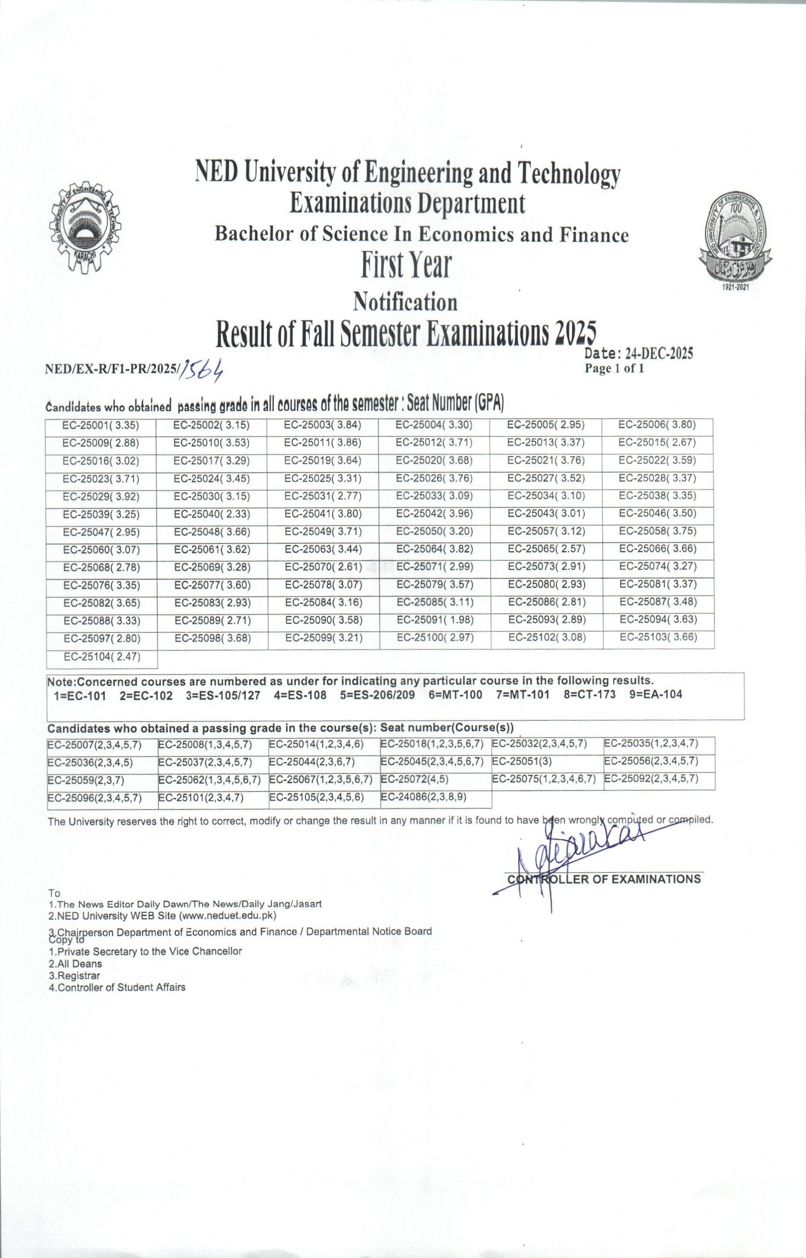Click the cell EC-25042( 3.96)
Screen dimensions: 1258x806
coord(434,514)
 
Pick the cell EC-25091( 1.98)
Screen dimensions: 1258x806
coord(435,620)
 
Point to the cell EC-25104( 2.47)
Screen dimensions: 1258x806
coord(102,657)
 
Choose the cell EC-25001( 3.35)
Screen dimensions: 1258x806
coord(101,426)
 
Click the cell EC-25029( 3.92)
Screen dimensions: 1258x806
coord(101,497)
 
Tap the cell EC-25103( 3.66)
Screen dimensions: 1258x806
coord(658,638)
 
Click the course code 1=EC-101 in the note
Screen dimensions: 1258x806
coord(80,696)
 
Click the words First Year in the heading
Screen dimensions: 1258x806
coord(405,266)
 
